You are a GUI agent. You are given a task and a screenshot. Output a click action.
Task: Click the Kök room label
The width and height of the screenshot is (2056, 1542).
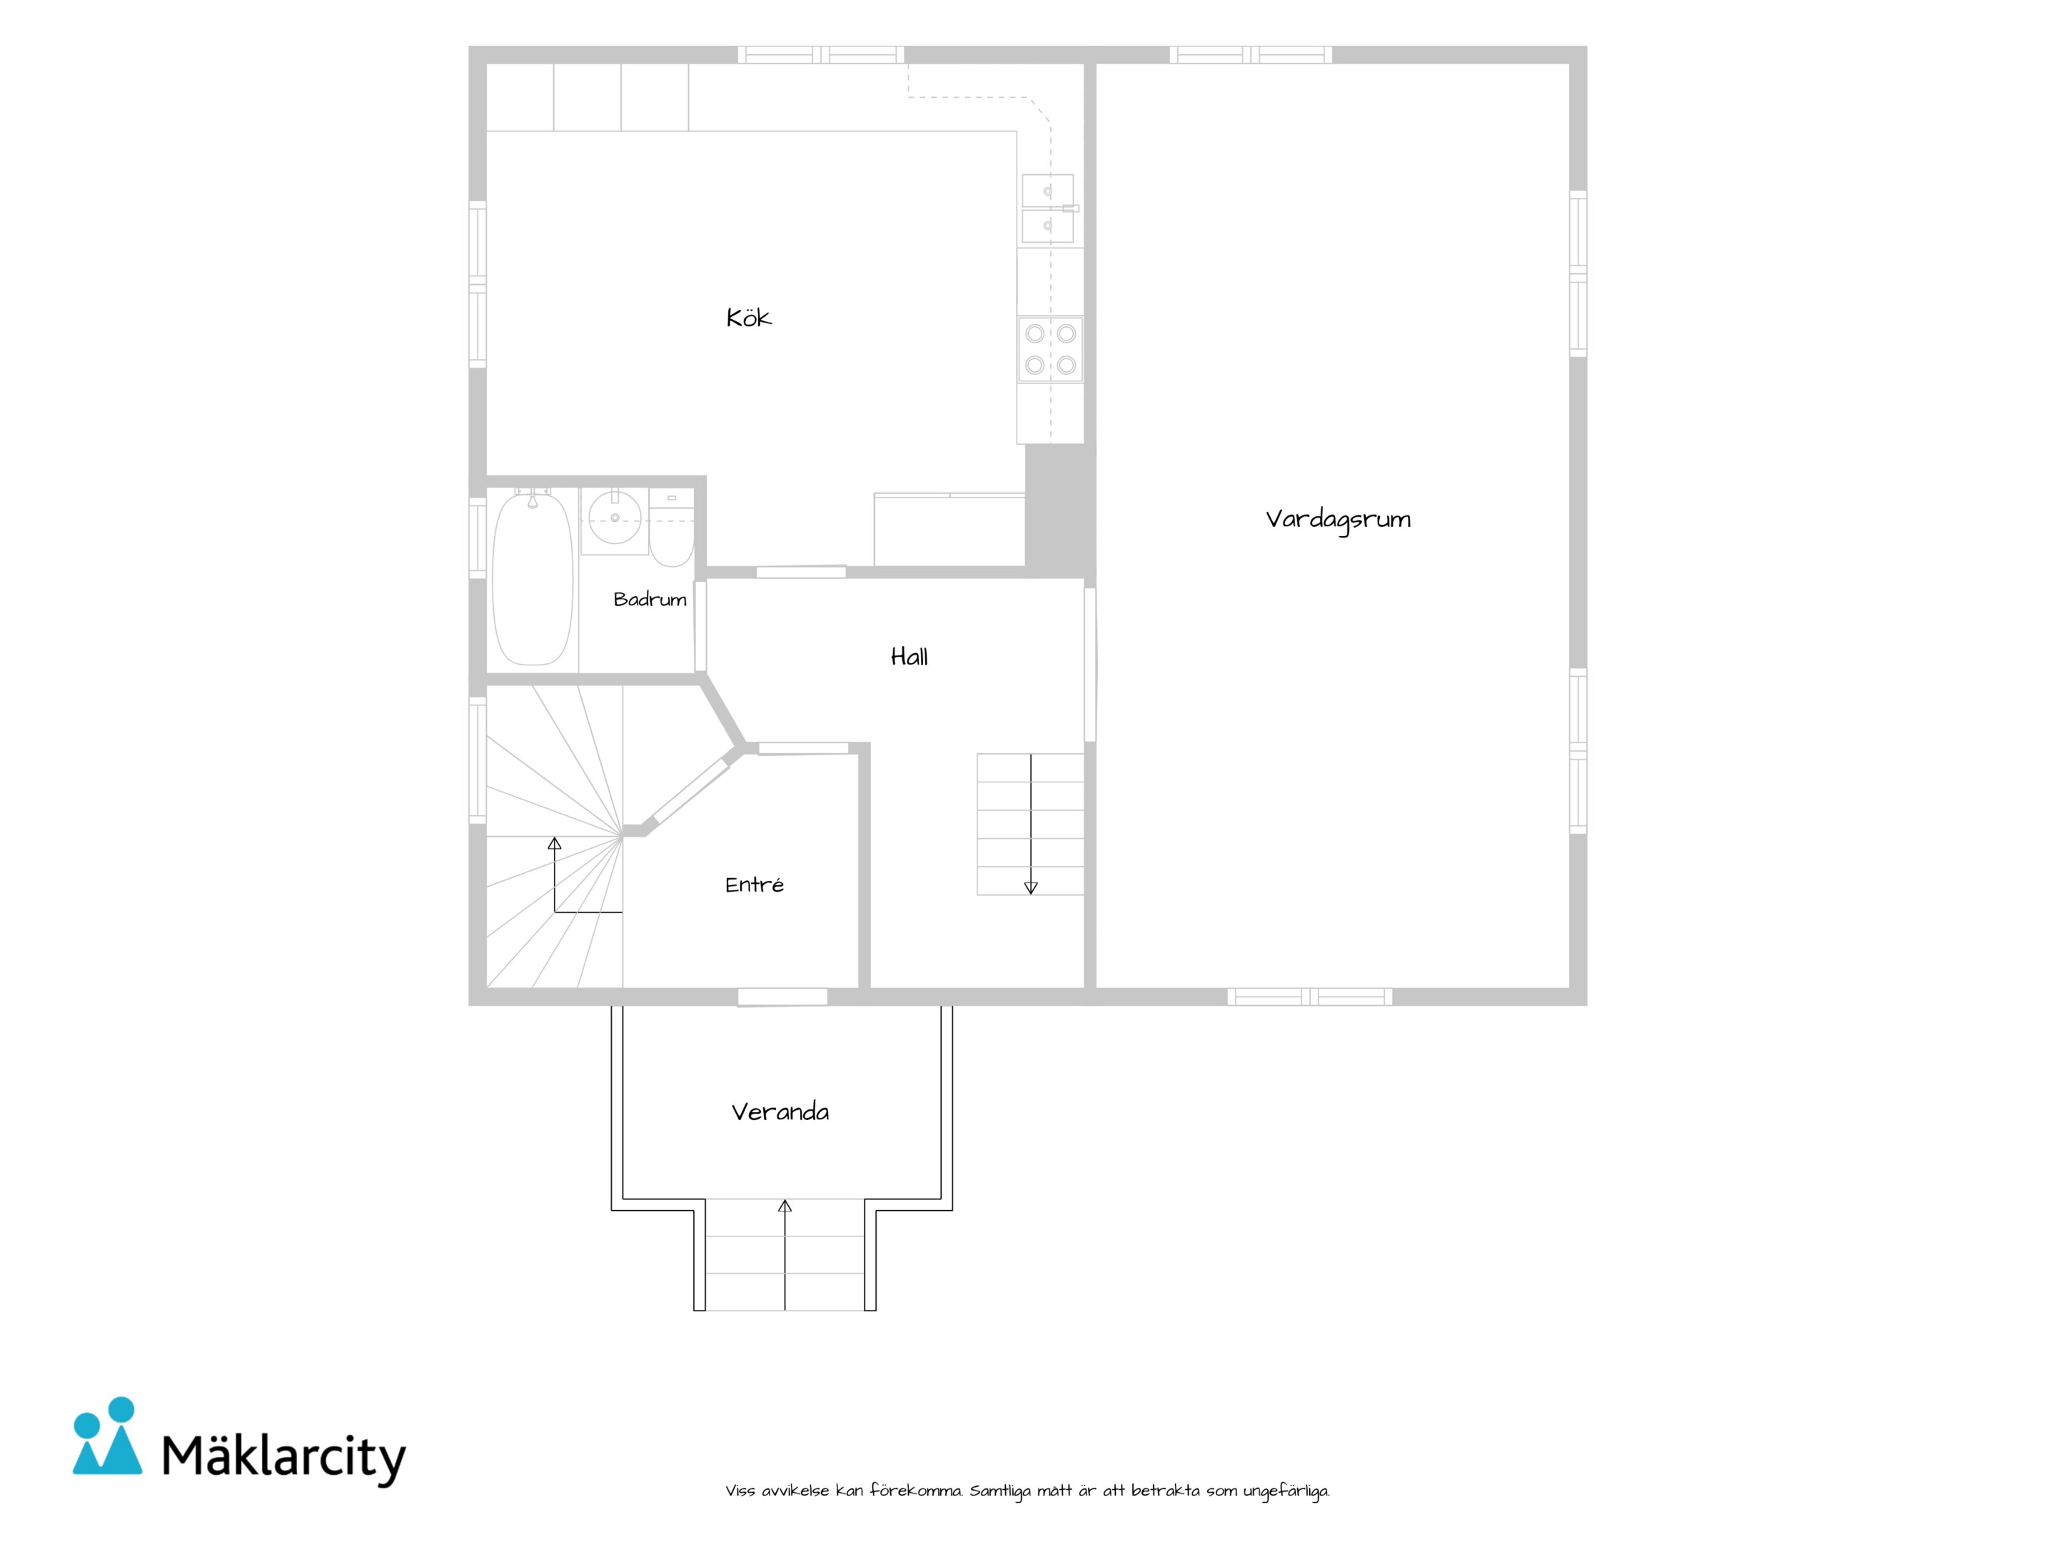tap(748, 318)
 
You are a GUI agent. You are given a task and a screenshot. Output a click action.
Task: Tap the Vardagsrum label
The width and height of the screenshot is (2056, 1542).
tap(1338, 520)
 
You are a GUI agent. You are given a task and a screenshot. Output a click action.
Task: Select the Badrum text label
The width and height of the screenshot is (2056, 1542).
tap(650, 600)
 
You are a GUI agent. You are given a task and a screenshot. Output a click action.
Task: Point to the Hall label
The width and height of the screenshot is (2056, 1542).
tap(909, 657)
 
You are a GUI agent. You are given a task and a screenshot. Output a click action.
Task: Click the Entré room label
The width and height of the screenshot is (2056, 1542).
tap(754, 884)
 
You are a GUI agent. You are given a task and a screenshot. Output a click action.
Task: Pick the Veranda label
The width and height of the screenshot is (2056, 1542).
tap(780, 1112)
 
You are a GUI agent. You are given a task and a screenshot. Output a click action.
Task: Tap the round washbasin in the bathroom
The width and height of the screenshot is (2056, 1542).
tap(615, 518)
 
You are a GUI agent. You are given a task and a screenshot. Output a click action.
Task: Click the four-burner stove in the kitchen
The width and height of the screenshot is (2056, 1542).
tap(1050, 348)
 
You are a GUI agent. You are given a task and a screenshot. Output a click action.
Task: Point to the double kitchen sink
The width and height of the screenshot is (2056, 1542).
tap(1049, 208)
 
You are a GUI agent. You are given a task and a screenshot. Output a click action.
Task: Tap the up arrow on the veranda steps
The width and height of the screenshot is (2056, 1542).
tap(785, 1255)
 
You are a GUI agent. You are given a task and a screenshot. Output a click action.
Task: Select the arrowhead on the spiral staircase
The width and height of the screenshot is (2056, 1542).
tap(555, 844)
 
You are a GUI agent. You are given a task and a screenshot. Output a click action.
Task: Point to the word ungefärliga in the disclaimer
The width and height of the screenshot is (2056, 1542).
tap(1286, 1492)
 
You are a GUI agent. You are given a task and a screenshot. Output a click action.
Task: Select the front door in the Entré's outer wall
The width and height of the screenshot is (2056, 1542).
tap(782, 997)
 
